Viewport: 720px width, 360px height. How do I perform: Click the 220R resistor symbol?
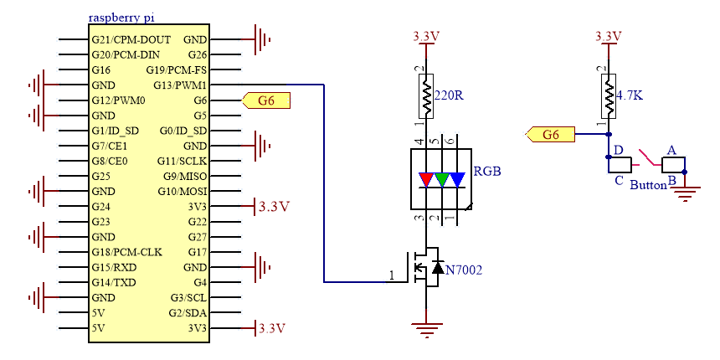pos(427,96)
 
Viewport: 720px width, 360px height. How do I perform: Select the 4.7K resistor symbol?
pos(609,96)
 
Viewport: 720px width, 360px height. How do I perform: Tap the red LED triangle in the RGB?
pos(427,179)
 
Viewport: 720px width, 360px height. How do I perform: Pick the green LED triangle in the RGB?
pos(442,179)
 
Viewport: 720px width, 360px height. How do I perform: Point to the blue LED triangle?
pos(458,179)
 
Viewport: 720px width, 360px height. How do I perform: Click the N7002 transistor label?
pos(464,270)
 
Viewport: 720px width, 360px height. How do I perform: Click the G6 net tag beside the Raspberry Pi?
pos(266,100)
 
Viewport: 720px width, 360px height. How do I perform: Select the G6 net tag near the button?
pos(550,135)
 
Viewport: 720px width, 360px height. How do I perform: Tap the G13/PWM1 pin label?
pos(179,85)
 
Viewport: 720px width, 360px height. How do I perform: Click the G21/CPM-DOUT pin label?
pos(131,40)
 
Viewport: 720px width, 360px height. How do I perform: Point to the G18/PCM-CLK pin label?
pos(126,252)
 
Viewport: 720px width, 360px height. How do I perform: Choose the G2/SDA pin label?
pos(188,313)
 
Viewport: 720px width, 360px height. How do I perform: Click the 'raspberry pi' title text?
pos(121,18)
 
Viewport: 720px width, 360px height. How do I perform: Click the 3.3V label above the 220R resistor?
pos(427,37)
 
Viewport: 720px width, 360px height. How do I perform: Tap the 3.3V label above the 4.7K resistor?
pos(609,37)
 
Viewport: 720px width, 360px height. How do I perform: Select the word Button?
pos(648,185)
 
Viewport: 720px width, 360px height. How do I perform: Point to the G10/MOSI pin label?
pos(183,191)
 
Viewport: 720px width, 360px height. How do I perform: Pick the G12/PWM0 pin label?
pos(119,100)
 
